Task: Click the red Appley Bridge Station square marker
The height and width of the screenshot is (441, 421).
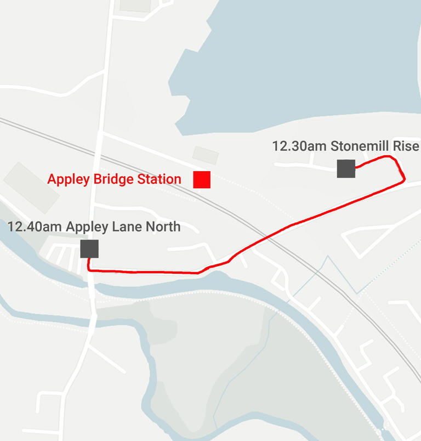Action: pos(202,179)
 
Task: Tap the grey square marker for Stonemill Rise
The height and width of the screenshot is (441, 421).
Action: pos(346,168)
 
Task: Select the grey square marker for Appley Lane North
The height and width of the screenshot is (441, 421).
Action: pos(89,248)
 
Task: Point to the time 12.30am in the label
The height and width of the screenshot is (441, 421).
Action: pos(299,146)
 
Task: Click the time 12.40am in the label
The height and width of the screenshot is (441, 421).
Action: pos(35,227)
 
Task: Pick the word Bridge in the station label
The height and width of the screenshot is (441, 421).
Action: pos(110,179)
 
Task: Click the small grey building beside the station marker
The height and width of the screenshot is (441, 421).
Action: pos(206,155)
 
